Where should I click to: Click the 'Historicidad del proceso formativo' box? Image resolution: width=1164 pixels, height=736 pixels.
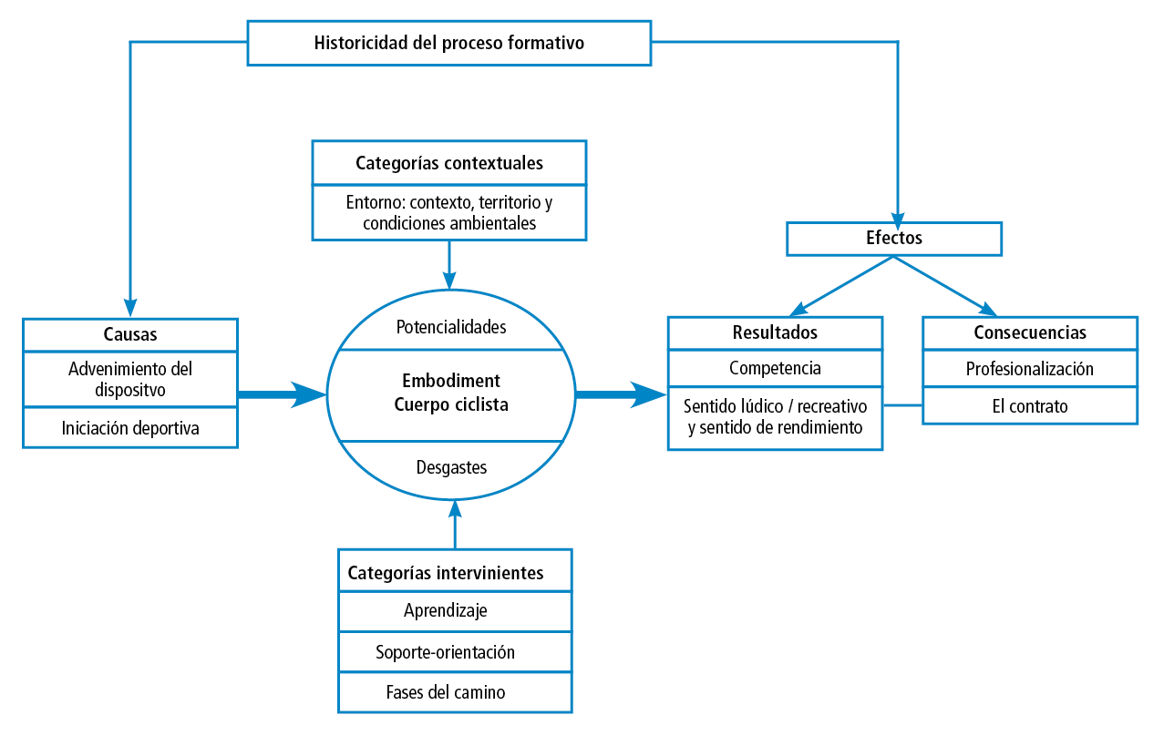click(x=448, y=43)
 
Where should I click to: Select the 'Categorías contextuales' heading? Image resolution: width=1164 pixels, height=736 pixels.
click(x=448, y=163)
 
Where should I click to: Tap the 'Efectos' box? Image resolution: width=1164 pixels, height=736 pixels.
click(x=893, y=239)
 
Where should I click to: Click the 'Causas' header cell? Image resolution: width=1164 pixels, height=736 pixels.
click(x=129, y=334)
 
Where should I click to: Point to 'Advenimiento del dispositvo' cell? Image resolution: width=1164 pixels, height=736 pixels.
click(x=129, y=379)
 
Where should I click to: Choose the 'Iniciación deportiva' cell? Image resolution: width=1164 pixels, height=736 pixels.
click(x=129, y=427)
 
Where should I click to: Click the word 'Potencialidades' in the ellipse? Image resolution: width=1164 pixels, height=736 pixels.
click(x=450, y=326)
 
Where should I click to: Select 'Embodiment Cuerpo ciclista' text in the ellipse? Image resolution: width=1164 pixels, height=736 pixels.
click(x=450, y=393)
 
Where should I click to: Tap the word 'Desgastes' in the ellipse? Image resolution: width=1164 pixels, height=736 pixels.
click(x=450, y=467)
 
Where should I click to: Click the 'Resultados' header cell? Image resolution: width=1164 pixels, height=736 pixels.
click(x=775, y=332)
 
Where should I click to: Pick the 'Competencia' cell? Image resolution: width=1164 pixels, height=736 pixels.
click(x=775, y=368)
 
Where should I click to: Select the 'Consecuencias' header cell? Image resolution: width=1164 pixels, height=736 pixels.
click(x=1029, y=332)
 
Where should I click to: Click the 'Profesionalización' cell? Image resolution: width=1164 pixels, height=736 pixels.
click(x=1029, y=369)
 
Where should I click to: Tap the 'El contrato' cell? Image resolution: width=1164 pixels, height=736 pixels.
click(x=1029, y=406)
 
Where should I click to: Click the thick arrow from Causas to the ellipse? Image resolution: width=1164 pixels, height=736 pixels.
click(x=282, y=394)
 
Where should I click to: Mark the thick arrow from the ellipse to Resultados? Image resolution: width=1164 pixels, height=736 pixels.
click(x=620, y=394)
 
